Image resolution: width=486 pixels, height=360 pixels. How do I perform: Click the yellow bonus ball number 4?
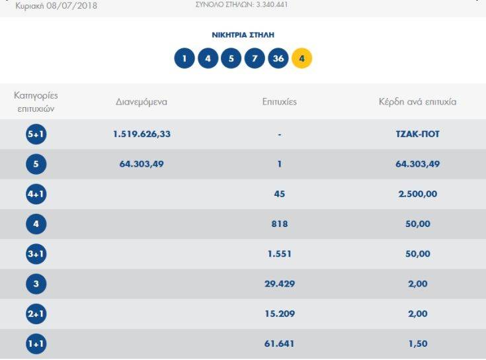(x=302, y=59)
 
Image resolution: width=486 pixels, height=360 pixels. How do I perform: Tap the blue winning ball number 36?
(x=278, y=59)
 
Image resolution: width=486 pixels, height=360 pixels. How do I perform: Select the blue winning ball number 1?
(x=184, y=59)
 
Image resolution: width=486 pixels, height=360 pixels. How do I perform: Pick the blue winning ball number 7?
(x=255, y=59)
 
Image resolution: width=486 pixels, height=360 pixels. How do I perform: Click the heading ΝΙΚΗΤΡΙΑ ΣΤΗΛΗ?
(x=243, y=34)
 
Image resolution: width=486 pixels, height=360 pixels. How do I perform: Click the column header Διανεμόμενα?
(x=142, y=102)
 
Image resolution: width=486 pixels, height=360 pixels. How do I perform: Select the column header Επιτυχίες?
(x=279, y=102)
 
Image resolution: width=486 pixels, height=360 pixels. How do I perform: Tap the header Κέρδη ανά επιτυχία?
(x=417, y=102)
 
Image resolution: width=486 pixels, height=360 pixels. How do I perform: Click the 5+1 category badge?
(x=36, y=134)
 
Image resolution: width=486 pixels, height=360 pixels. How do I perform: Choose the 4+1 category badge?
(x=36, y=195)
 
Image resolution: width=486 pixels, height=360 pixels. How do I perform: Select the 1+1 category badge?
(x=36, y=344)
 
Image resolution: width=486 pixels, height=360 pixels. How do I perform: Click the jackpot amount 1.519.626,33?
(x=142, y=134)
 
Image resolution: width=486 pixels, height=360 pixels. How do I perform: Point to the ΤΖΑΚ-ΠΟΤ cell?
(x=417, y=134)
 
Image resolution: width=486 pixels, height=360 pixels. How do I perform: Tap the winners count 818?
(x=279, y=224)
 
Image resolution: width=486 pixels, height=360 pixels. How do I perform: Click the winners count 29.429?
(x=279, y=284)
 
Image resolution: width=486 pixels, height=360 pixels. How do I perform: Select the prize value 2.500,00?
(x=417, y=195)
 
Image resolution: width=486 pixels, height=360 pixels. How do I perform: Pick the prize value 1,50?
(x=417, y=344)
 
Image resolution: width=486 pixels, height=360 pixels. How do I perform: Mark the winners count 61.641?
(x=279, y=344)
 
